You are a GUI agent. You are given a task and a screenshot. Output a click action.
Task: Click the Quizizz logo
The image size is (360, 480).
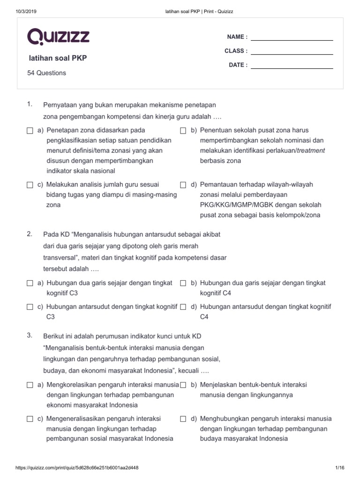click(59, 37)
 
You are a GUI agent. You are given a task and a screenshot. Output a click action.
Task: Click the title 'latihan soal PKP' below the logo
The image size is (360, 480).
click(58, 59)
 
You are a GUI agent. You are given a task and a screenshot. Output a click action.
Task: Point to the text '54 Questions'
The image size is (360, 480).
click(47, 73)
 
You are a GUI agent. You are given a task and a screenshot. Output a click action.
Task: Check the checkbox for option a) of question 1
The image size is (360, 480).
click(30, 131)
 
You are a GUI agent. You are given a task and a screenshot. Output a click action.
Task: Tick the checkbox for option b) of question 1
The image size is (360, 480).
click(183, 131)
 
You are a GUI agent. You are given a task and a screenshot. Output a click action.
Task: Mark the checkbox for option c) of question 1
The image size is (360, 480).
click(30, 185)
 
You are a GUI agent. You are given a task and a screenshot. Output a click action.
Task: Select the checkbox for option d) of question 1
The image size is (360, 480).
click(183, 185)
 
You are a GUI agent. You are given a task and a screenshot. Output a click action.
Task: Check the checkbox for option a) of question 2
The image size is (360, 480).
click(30, 284)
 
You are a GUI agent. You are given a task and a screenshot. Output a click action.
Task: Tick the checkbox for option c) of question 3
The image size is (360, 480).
click(30, 419)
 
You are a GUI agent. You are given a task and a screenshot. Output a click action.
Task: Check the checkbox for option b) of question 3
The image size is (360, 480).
click(183, 385)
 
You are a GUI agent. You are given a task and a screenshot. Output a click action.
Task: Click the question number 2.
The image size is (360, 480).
click(30, 234)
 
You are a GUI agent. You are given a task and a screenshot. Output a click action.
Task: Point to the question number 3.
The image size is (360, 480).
click(30, 335)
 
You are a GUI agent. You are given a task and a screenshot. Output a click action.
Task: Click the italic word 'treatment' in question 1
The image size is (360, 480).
click(311, 151)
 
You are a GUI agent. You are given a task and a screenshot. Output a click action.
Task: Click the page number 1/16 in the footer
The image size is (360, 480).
click(340, 468)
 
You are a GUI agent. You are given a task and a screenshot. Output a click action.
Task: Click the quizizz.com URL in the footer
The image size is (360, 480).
click(77, 468)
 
